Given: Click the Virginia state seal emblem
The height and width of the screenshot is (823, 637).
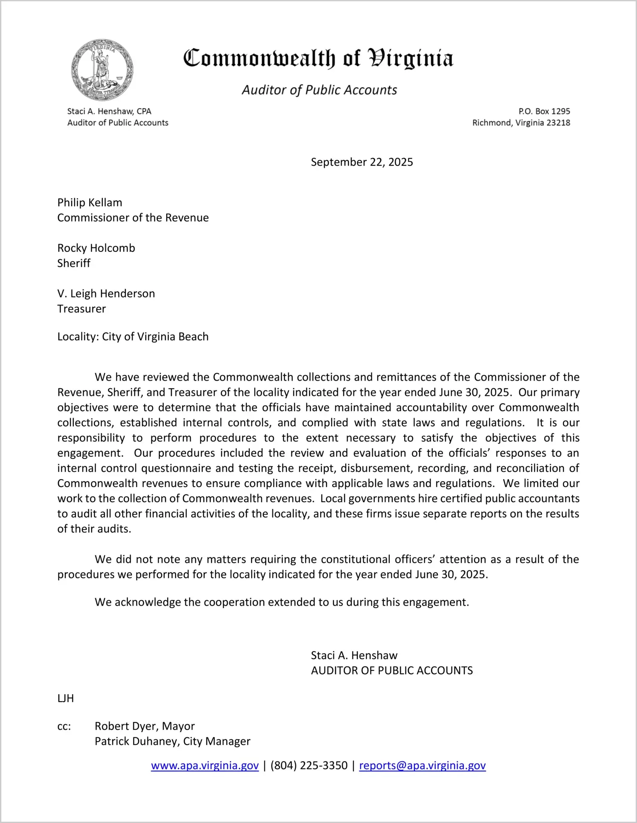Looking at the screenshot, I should click(x=102, y=70).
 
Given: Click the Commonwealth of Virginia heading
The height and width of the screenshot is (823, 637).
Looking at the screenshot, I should click(x=318, y=59).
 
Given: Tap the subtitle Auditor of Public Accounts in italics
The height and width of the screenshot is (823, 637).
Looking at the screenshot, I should click(x=319, y=90).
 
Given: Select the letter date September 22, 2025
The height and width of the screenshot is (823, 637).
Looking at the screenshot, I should click(x=362, y=162).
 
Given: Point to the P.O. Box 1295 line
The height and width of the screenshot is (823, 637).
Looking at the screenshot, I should click(x=544, y=111).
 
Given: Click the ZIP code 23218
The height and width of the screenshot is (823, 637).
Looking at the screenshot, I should click(x=558, y=123).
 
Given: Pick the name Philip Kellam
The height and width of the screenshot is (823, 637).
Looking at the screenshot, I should click(x=90, y=202).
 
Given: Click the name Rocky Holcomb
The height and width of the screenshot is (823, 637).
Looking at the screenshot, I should click(x=96, y=248).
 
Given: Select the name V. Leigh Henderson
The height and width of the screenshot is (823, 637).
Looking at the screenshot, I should click(x=106, y=294).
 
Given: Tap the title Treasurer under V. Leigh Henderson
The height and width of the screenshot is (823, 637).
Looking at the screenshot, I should click(x=81, y=309).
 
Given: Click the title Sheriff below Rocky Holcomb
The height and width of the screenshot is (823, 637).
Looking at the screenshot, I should click(x=74, y=263).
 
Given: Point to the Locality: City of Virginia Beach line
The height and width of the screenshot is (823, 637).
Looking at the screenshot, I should click(x=133, y=337).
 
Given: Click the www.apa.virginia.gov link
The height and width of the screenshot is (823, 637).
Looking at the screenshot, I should click(x=205, y=765).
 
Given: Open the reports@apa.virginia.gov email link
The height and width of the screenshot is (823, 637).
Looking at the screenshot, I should click(x=422, y=765).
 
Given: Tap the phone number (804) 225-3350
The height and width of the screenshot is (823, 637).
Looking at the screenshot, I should click(x=309, y=765).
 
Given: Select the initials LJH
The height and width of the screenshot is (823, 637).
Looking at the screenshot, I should click(x=66, y=698).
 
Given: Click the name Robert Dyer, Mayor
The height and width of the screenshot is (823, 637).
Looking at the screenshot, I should click(x=145, y=726).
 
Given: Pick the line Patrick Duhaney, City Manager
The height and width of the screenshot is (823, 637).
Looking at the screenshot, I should click(x=172, y=741).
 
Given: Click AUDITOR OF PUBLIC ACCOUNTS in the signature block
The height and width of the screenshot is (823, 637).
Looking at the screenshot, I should click(x=391, y=670).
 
